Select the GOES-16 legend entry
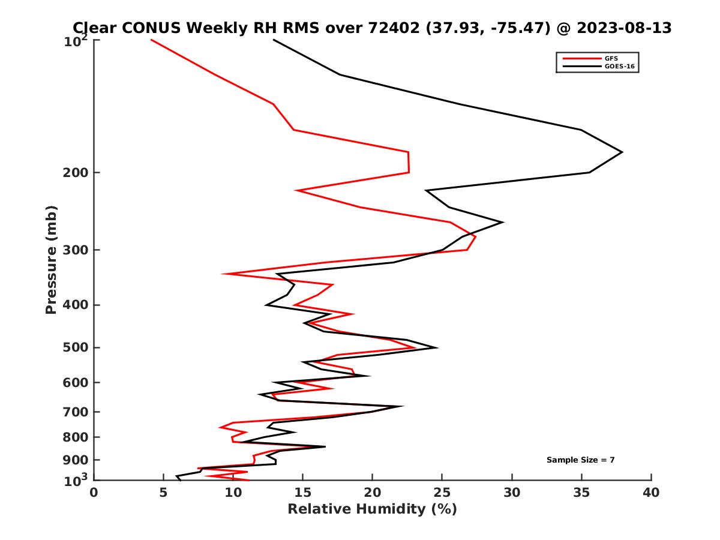619,66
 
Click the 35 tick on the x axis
581,493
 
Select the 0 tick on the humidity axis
94,493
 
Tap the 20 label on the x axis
373,493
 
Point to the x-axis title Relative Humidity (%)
372,509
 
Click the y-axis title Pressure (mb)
51,259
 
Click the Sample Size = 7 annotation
580,460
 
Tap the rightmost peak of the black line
622,152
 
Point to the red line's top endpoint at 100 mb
151,40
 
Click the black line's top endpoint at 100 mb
274,40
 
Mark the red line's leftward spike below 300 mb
223,274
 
